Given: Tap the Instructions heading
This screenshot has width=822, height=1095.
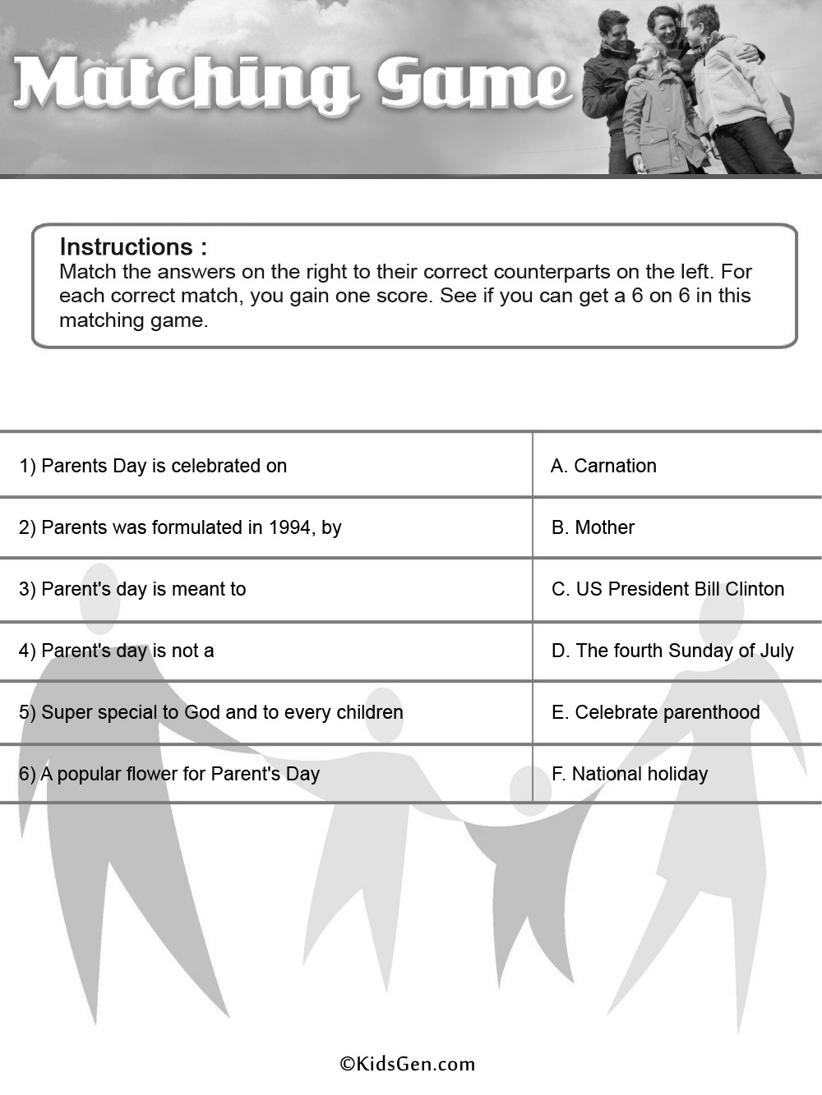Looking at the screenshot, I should (133, 246).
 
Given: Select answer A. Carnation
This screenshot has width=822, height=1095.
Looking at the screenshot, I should (603, 466).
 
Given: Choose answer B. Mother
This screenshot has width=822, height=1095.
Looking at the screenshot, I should (593, 527).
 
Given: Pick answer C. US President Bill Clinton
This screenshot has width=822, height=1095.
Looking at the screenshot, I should (667, 589).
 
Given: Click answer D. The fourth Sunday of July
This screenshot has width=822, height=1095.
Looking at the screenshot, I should (672, 651).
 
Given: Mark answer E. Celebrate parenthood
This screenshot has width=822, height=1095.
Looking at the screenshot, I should (655, 712).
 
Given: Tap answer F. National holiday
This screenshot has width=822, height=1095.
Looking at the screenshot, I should (629, 774).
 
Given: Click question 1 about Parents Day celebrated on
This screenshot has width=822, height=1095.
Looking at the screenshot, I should (153, 466).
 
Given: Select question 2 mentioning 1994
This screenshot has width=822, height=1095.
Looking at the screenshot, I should (180, 527).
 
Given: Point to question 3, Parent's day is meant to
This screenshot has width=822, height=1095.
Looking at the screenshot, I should (132, 589).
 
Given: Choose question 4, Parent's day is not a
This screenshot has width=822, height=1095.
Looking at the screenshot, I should (116, 651).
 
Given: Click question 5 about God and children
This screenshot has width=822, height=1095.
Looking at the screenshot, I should (210, 712).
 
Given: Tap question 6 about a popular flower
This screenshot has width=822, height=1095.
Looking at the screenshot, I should (169, 774).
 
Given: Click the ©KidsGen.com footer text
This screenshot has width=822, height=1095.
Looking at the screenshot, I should (408, 1064).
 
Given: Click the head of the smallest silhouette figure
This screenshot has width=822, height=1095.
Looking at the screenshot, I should (530, 789).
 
